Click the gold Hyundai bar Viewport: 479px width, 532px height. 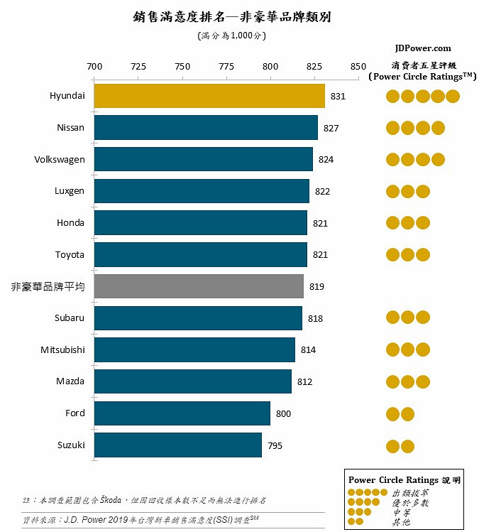tap(209, 96)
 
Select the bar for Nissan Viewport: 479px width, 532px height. tap(206, 128)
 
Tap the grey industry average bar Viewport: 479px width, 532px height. tap(199, 286)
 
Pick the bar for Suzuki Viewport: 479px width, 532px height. tap(177, 445)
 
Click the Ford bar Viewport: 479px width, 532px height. tap(182, 413)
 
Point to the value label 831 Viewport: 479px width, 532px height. tap(338, 96)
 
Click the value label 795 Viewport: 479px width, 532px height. tap(275, 446)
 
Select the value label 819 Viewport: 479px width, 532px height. tap(316, 287)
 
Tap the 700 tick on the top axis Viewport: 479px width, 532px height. tap(94, 67)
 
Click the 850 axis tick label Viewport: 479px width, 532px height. tap(358, 67)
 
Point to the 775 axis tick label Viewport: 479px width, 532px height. tap(226, 67)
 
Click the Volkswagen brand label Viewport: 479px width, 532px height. tap(60, 159)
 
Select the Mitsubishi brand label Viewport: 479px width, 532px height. tap(62, 349)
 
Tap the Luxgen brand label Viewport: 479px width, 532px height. tap(70, 191)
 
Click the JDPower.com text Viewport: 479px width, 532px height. tap(423, 48)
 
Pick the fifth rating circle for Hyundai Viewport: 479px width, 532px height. tap(453, 97)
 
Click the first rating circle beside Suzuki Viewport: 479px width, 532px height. tap(392, 446)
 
